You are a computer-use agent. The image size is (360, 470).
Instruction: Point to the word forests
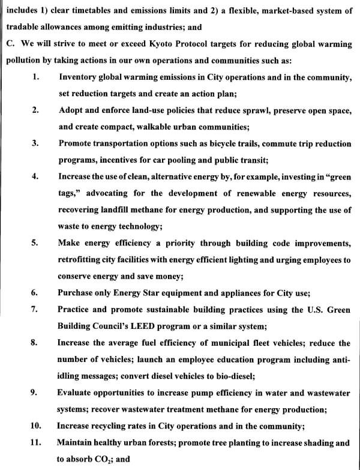click(172, 442)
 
